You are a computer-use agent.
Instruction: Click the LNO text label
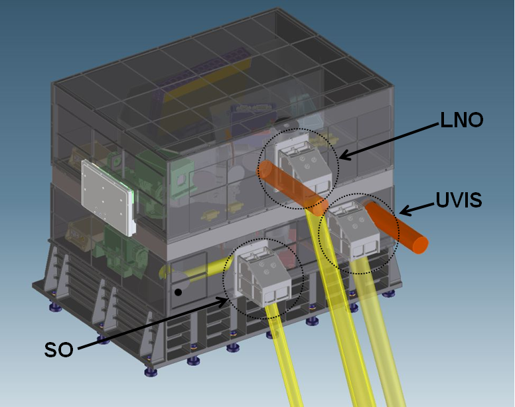pyautogui.click(x=461, y=120)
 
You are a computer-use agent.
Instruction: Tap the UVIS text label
pyautogui.click(x=459, y=200)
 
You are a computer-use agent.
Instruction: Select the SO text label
pyautogui.click(x=59, y=349)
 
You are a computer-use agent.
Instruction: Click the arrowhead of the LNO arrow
pyautogui.click(x=344, y=156)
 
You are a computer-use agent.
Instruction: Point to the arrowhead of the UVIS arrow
pyautogui.click(x=405, y=211)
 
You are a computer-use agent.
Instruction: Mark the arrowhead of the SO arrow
pyautogui.click(x=224, y=300)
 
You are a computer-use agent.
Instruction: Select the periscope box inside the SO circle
pyautogui.click(x=263, y=276)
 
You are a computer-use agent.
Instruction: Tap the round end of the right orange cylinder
pyautogui.click(x=420, y=245)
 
